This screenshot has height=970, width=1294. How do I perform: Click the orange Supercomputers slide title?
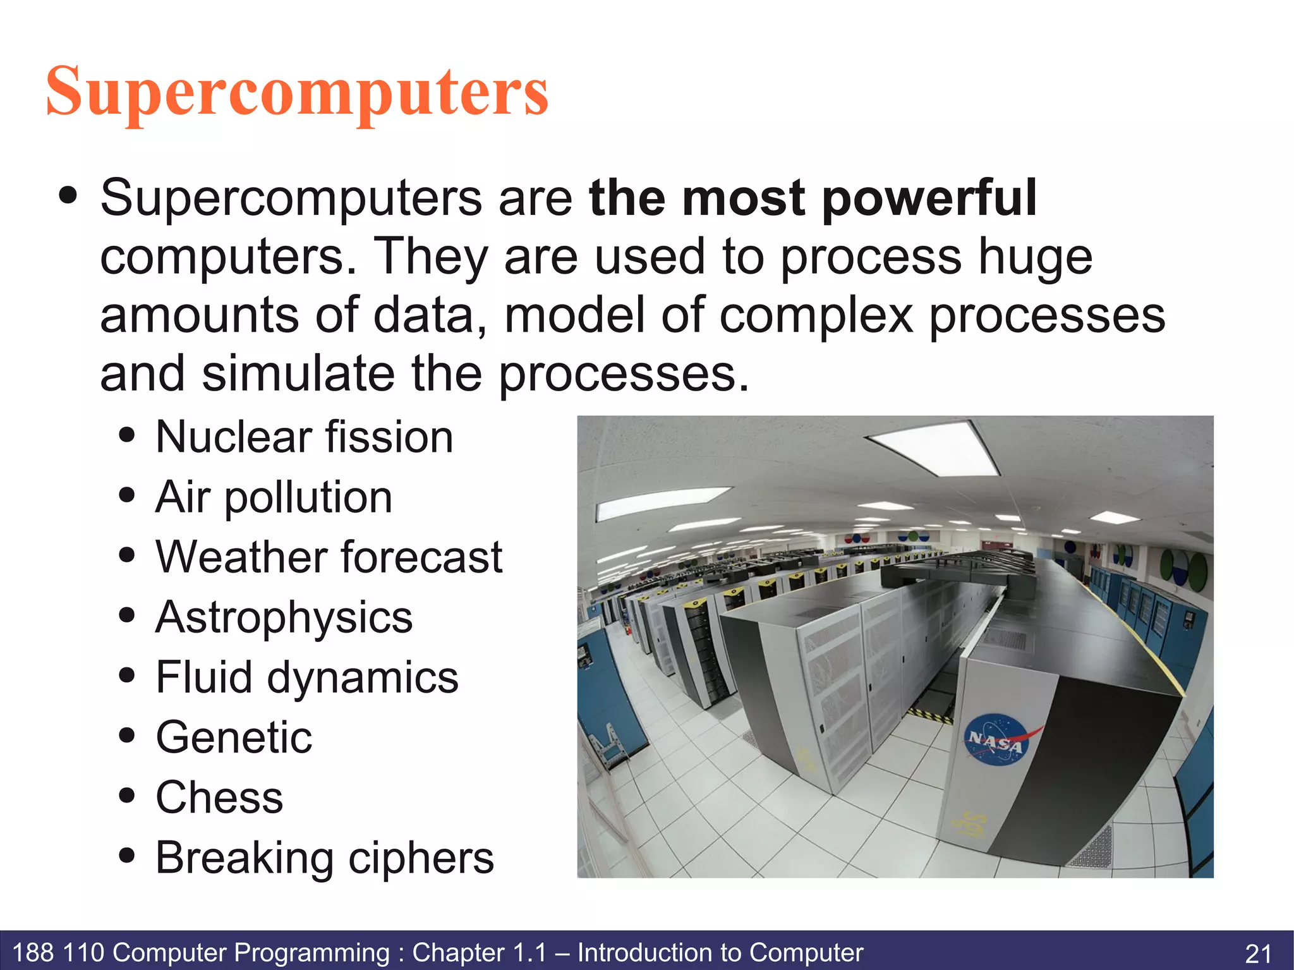pos(297,93)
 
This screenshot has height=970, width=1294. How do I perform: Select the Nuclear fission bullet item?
pos(304,437)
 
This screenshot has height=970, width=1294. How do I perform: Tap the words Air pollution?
pos(274,497)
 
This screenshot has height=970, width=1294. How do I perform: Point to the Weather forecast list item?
pos(329,557)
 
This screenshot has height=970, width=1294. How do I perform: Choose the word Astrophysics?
pos(284,617)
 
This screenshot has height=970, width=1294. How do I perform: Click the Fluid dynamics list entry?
pos(307,677)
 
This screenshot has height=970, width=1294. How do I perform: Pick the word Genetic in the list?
pos(234,737)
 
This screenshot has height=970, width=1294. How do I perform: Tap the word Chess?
pos(219,797)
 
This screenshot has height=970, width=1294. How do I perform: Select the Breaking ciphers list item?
pos(324,858)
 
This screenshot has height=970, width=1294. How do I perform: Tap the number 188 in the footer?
pos(33,952)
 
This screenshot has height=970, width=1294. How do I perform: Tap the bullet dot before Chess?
pos(127,796)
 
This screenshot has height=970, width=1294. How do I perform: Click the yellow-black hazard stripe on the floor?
pos(930,715)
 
